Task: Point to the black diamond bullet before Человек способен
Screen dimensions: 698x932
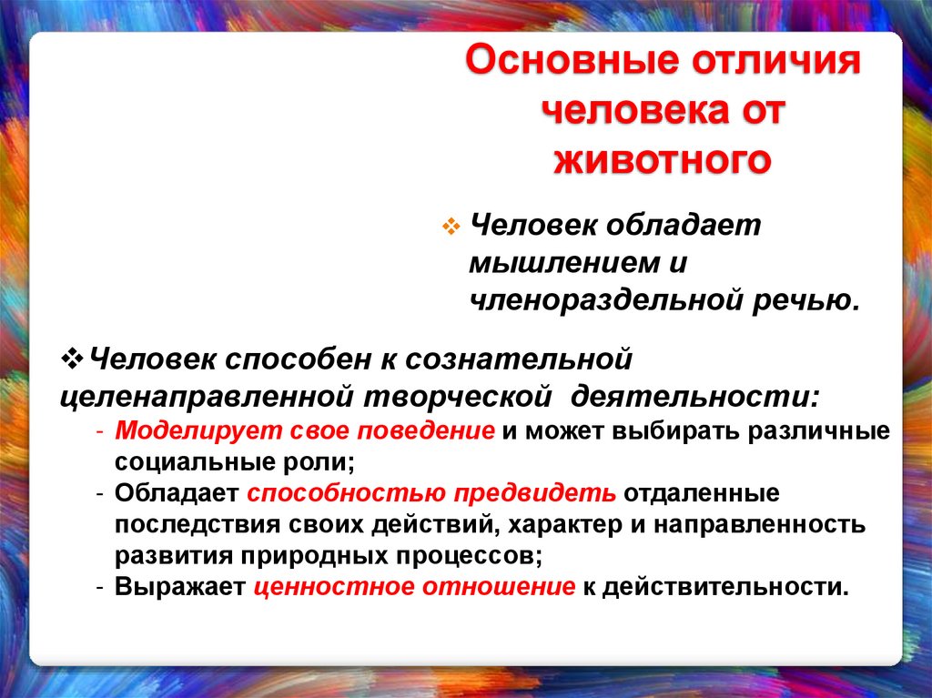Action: pyautogui.click(x=75, y=357)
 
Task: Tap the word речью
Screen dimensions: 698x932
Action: pyautogui.click(x=823, y=299)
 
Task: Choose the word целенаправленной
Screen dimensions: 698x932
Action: pyautogui.click(x=207, y=398)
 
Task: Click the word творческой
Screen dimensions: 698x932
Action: pyautogui.click(x=460, y=398)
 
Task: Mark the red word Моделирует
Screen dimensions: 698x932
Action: pyautogui.click(x=185, y=430)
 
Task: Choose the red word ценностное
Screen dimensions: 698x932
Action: pyautogui.click(x=334, y=587)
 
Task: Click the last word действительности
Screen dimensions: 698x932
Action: pyautogui.click(x=723, y=587)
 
